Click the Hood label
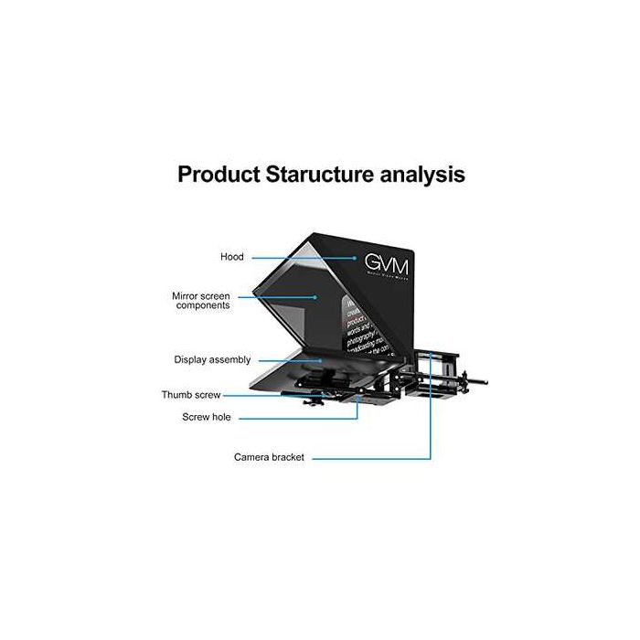point(231,257)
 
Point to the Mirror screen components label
point(200,301)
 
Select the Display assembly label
point(212,360)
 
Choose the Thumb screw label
point(191,396)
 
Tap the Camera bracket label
point(269,456)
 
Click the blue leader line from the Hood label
point(302,257)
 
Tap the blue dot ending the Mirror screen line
point(315,296)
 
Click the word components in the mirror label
point(203,306)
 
